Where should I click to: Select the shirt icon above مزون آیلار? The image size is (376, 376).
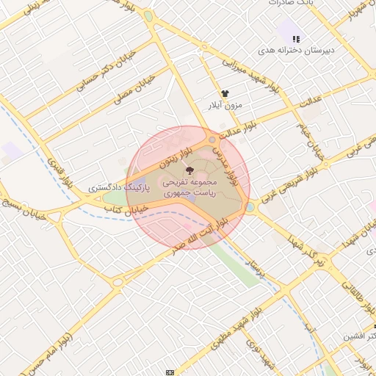pos(225,94)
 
